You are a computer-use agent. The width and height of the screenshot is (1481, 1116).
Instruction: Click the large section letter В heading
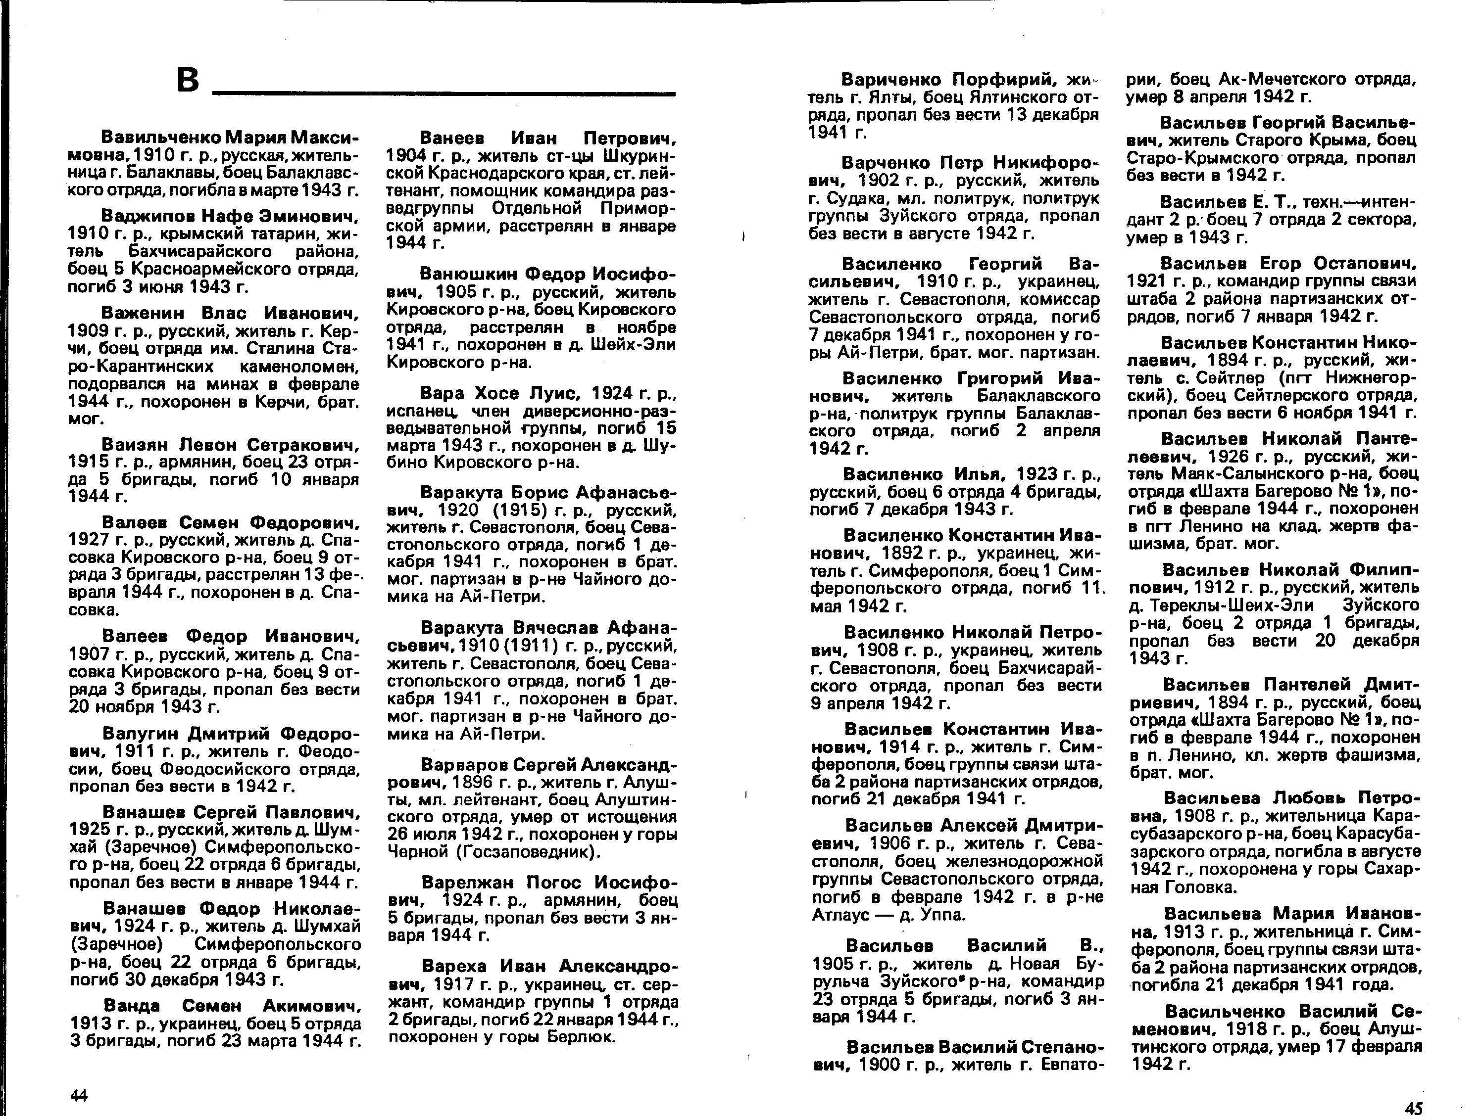[188, 80]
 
